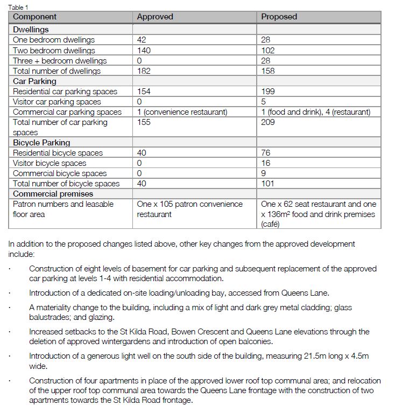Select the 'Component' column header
click(x=35, y=17)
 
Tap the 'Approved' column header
click(x=155, y=17)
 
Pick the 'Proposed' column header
click(x=279, y=17)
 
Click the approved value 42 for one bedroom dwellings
click(x=142, y=40)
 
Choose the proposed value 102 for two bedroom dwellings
click(x=267, y=50)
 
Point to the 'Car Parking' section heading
click(x=34, y=81)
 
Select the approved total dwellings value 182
click(x=144, y=71)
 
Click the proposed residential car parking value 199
click(x=267, y=92)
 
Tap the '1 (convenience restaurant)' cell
click(x=182, y=112)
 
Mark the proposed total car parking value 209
click(x=267, y=122)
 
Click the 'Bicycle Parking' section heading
click(x=41, y=143)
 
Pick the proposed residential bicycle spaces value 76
click(x=266, y=153)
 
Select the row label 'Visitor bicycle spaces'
click(x=50, y=163)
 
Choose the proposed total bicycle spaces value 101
click(x=267, y=184)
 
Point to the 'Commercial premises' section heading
click(x=53, y=194)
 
